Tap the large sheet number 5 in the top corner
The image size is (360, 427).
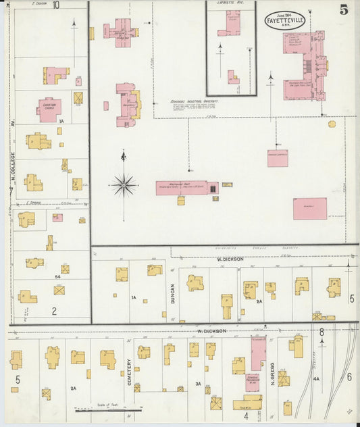(x=344, y=9)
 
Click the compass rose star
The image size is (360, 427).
(x=124, y=183)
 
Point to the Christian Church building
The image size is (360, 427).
(x=49, y=110)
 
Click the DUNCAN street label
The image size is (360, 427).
(x=173, y=293)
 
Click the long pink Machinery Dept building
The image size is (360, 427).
(x=182, y=187)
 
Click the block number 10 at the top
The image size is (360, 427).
(x=56, y=5)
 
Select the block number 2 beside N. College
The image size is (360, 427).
(x=54, y=311)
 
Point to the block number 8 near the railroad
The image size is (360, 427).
(x=322, y=332)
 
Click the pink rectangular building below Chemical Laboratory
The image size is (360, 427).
(x=309, y=208)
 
